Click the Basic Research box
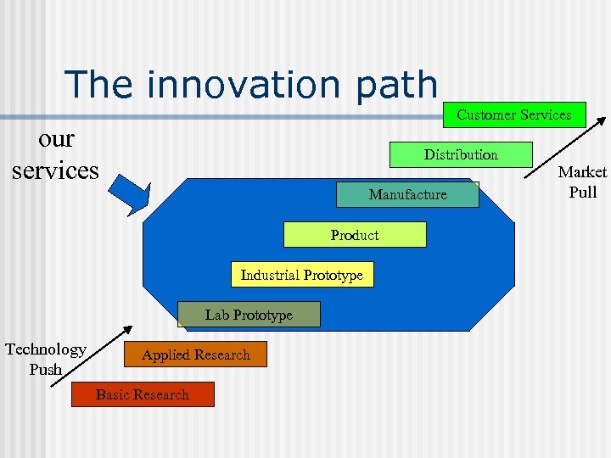point(143,394)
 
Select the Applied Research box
point(195,355)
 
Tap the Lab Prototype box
point(249,315)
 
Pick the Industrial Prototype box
point(301,275)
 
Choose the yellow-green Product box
point(355,235)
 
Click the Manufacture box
point(407,195)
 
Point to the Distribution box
point(461,154)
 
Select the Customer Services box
point(514,114)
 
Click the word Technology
point(46,349)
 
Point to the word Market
point(582,172)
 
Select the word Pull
point(582,192)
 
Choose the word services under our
point(55,170)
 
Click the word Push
point(46,370)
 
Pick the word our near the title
point(56,137)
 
